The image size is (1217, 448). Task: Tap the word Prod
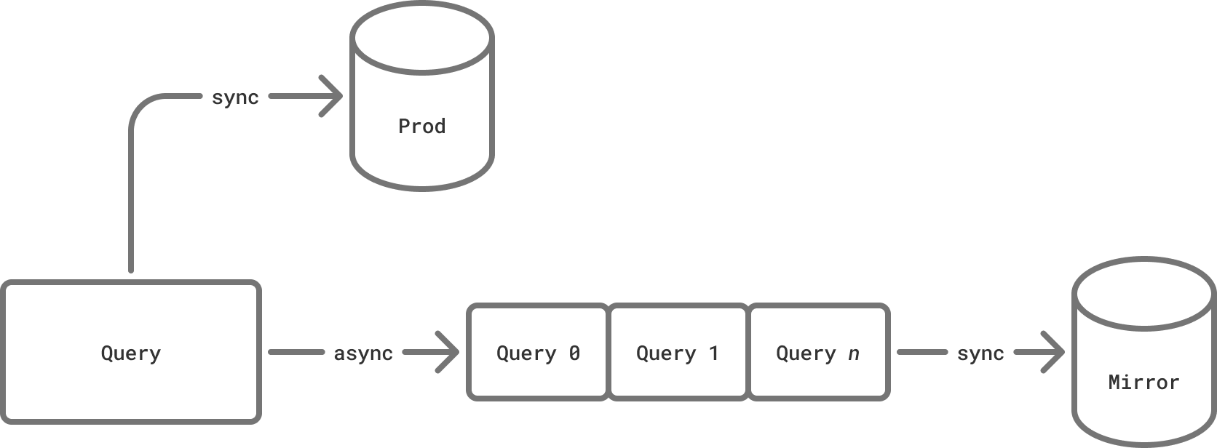click(422, 127)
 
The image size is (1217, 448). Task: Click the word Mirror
click(1143, 383)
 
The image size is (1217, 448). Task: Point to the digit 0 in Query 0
click(574, 353)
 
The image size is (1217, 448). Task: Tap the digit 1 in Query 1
click(714, 353)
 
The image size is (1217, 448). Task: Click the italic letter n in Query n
click(854, 354)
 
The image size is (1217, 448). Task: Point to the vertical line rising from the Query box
click(131, 204)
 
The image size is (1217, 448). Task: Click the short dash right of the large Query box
click(296, 353)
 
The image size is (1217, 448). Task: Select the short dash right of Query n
click(922, 353)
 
